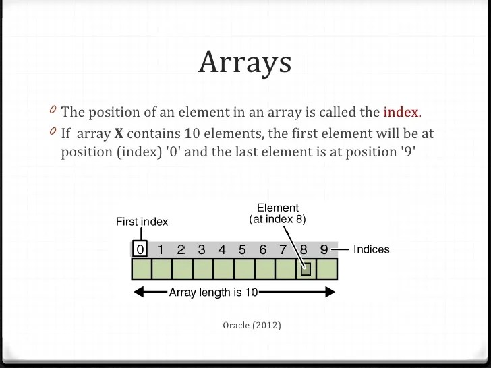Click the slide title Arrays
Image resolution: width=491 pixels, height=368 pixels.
[x=245, y=62]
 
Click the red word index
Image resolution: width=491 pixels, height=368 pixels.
[x=401, y=112]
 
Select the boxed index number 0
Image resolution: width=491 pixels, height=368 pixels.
[x=140, y=249]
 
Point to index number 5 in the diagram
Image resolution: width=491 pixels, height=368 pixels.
[x=242, y=249]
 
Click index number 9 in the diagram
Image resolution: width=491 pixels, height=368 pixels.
[x=324, y=249]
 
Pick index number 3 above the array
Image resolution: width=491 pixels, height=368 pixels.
[x=201, y=249]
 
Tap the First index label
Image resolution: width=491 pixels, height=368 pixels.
[x=142, y=222]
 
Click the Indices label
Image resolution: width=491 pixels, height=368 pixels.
[x=372, y=249]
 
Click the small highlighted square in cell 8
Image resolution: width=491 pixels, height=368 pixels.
[x=306, y=270]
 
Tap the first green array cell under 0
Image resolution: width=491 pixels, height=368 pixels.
[x=141, y=270]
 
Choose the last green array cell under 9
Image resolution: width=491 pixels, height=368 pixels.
[x=326, y=270]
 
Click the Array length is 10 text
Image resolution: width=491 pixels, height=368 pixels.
[x=213, y=293]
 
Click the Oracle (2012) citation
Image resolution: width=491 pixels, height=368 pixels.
[x=252, y=326]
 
